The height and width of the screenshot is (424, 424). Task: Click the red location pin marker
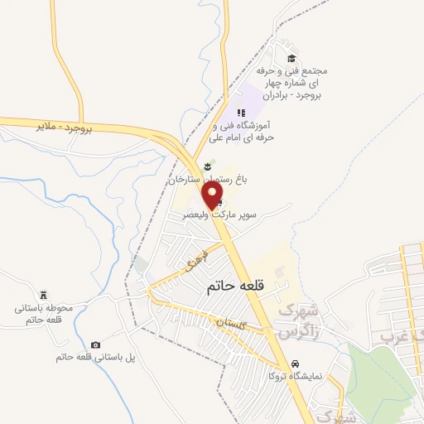pos(214,195)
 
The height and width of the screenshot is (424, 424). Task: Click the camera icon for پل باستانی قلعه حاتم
pos(96,344)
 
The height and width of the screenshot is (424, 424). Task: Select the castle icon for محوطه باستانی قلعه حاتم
pos(44,296)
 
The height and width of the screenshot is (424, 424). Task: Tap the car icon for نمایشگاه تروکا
pos(295,364)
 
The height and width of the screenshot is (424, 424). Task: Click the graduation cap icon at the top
pos(291,58)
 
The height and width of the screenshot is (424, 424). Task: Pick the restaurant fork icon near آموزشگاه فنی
pos(241,113)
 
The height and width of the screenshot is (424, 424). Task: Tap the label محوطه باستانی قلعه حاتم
pos(50,314)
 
